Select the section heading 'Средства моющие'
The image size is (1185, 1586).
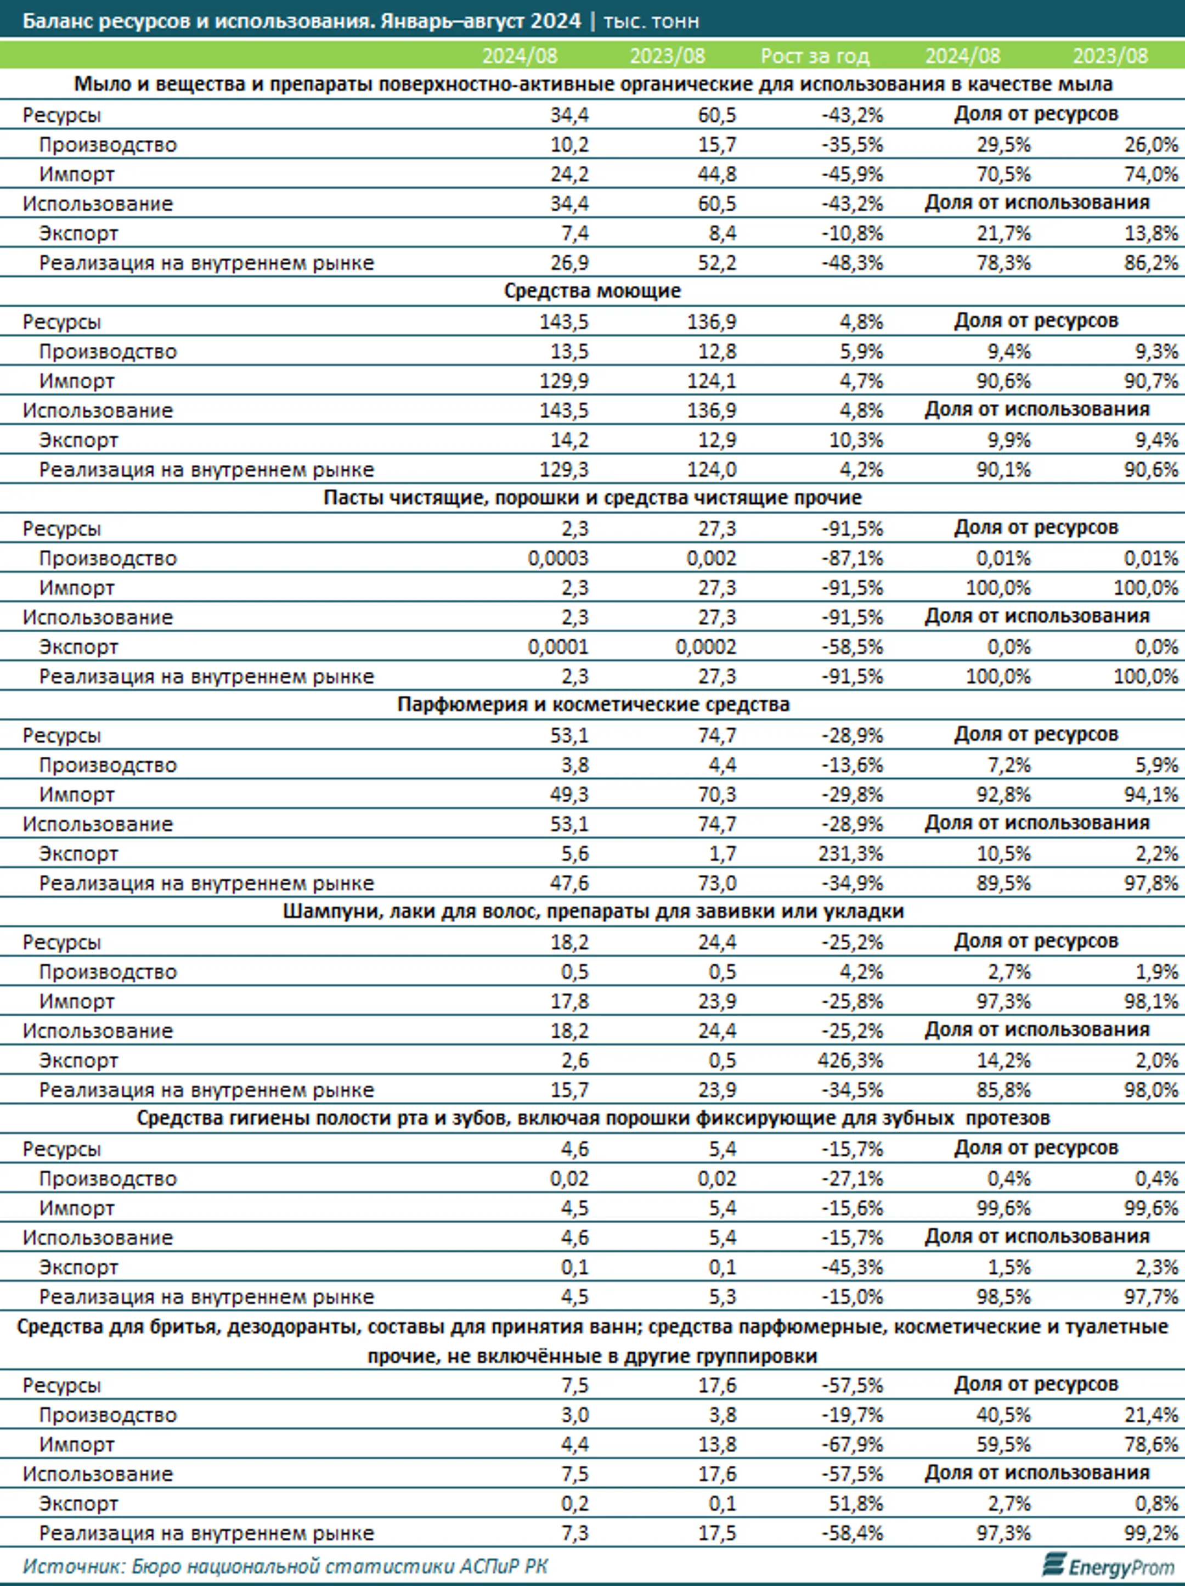592,291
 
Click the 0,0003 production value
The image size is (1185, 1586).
558,558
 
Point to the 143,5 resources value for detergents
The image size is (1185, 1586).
564,322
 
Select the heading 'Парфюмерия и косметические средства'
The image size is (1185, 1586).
593,705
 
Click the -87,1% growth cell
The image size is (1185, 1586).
853,558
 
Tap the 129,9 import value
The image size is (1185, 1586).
564,381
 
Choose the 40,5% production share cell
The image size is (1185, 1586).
1003,1415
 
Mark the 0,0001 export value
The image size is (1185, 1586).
558,646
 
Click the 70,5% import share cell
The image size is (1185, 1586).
1003,174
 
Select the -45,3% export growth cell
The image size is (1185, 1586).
853,1267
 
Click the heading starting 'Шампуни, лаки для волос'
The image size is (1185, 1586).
593,912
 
